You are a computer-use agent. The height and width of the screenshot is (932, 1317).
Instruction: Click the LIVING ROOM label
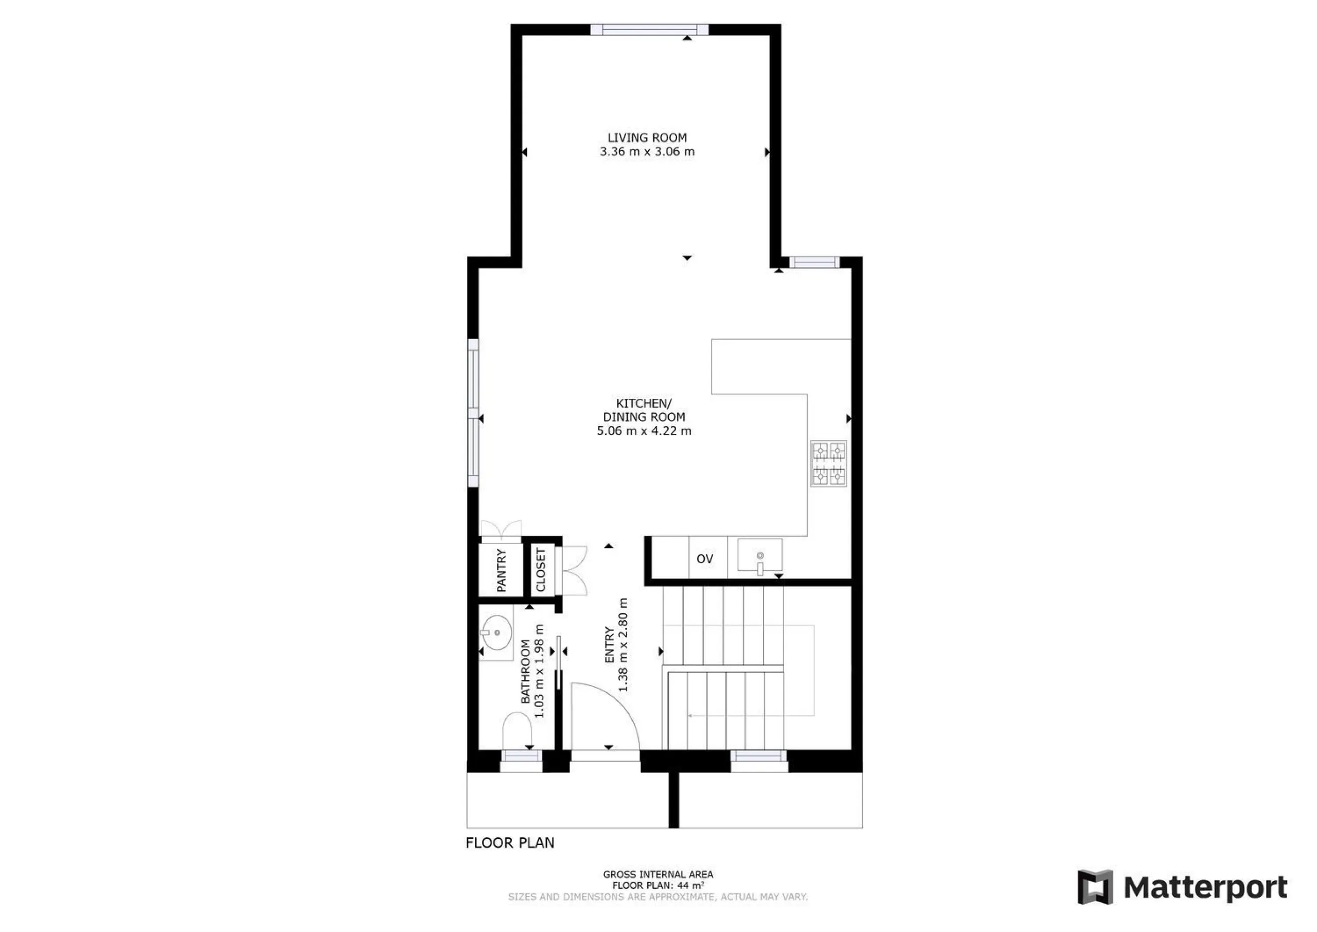(x=647, y=138)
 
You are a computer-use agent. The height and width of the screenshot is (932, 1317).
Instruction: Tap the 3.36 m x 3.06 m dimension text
(x=647, y=151)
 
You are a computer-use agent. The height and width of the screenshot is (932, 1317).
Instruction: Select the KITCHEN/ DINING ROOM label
(x=644, y=410)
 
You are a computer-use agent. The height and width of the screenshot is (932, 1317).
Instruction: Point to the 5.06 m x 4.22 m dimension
(x=644, y=431)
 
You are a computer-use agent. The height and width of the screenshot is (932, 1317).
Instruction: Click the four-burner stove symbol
(x=829, y=464)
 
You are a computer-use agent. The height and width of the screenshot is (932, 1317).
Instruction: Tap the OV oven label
(x=704, y=559)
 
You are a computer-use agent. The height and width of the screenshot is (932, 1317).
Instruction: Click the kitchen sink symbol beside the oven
(x=760, y=556)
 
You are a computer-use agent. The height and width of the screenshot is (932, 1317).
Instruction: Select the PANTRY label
(x=501, y=570)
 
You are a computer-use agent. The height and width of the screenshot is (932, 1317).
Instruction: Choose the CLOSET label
(x=541, y=570)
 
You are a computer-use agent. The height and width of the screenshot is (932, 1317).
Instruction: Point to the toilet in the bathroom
(x=517, y=731)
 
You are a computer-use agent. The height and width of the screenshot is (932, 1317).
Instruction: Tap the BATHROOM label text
(x=525, y=672)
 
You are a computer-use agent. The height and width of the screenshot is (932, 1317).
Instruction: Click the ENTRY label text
(x=609, y=645)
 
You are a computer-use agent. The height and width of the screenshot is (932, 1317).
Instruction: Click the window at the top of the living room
(x=649, y=30)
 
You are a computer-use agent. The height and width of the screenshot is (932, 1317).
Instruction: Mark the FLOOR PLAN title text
(x=510, y=843)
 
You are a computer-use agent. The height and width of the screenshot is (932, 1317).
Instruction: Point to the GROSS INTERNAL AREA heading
(x=658, y=874)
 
